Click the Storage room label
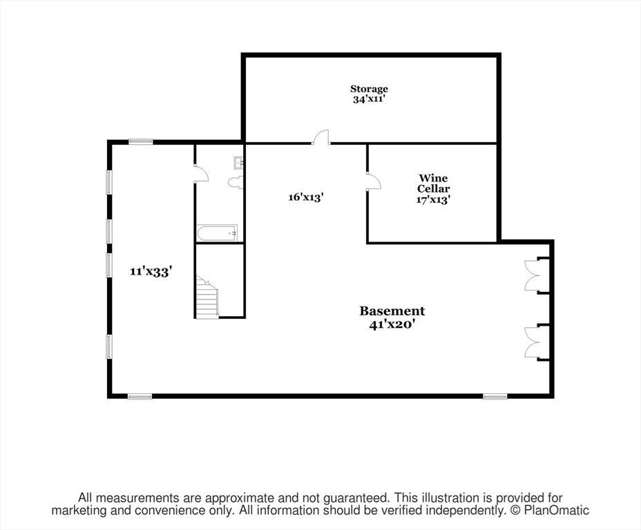pos(369,88)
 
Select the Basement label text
pos(392,311)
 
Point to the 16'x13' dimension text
pos(306,197)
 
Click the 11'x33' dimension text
pos(151,271)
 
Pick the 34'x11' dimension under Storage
pos(369,99)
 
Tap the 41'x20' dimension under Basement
pos(392,324)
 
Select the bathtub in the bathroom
pos(218,233)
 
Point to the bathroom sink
pos(239,163)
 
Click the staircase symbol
pos(207,297)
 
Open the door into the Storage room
pos(321,137)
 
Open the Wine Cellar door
pos(373,181)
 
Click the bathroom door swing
pos(200,173)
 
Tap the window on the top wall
pos(140,141)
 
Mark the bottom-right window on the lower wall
pos(495,396)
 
